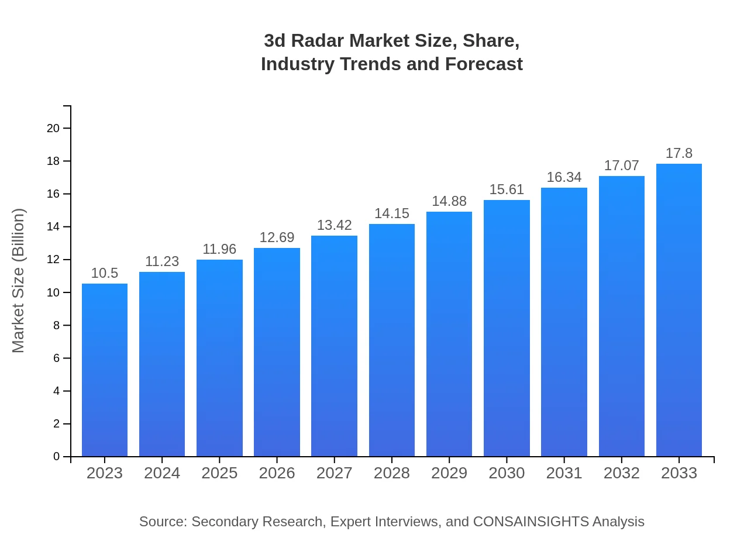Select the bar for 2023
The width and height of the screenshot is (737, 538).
[105, 370]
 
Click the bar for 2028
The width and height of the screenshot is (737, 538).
[392, 340]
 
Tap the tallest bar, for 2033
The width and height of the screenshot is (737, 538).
[679, 310]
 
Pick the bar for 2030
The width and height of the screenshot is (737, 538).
[507, 328]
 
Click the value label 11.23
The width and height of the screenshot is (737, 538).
[162, 261]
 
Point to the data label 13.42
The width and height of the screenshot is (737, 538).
[335, 225]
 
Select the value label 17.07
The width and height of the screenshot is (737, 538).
[622, 165]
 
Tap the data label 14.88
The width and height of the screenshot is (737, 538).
[449, 201]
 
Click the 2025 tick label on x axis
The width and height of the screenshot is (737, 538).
[219, 473]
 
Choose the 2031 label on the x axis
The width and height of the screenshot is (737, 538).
[564, 473]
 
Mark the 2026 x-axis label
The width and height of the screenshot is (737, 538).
[277, 473]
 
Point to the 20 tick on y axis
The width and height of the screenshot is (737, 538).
[53, 128]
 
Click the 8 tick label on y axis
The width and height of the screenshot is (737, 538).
[57, 325]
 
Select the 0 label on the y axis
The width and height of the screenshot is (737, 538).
[57, 457]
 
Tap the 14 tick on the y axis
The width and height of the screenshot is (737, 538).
[53, 227]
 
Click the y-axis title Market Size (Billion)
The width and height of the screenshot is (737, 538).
[19, 281]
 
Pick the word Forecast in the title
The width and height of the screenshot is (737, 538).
[484, 64]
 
